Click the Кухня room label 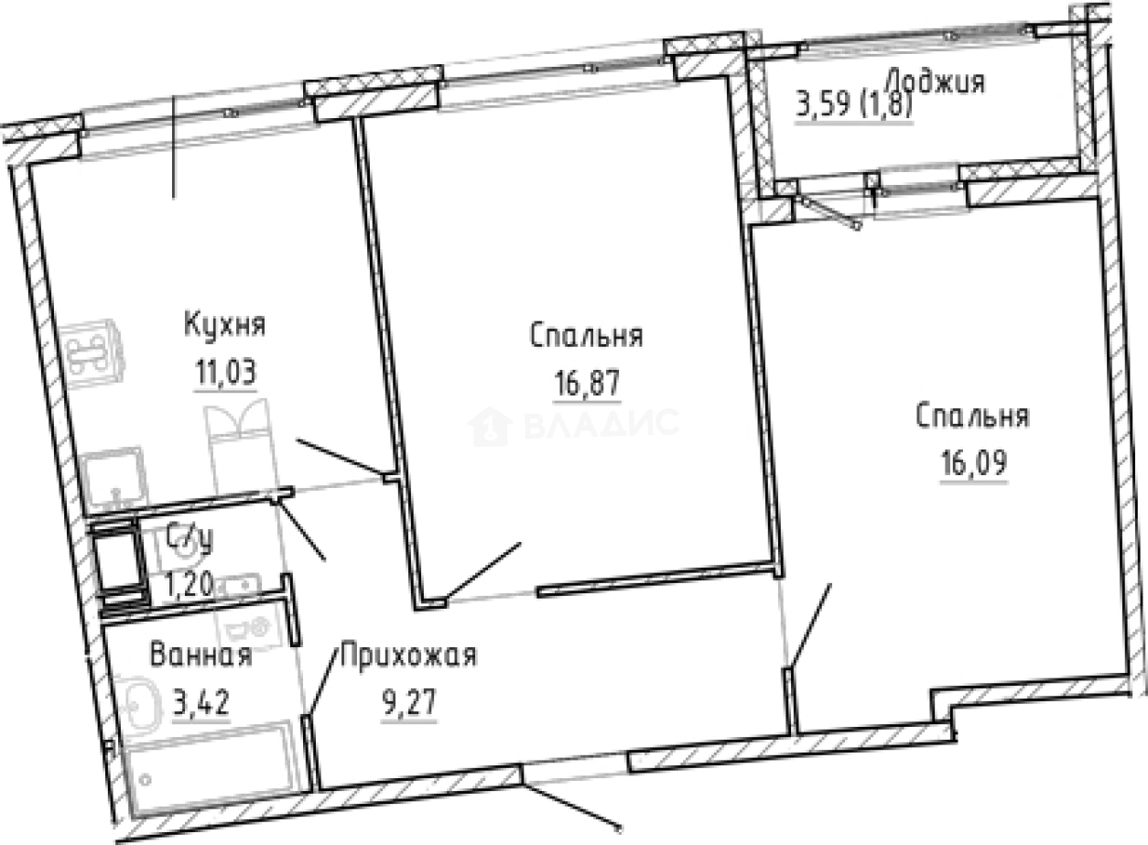[x=224, y=325]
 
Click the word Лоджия [x=936, y=82]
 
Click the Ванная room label [x=200, y=656]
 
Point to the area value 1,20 [x=190, y=583]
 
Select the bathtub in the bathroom [x=210, y=769]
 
